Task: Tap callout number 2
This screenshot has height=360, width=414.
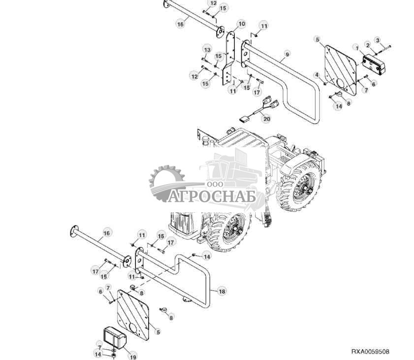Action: pyautogui.click(x=367, y=45)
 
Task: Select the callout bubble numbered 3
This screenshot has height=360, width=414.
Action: pyautogui.click(x=378, y=40)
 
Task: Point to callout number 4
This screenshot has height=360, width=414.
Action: pyautogui.click(x=318, y=75)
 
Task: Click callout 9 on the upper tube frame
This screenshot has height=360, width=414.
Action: pyautogui.click(x=287, y=53)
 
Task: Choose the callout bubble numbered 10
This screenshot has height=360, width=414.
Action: pyautogui.click(x=241, y=24)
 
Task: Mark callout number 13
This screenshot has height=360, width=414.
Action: pyautogui.click(x=207, y=50)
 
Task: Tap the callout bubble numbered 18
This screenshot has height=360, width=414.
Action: pyautogui.click(x=222, y=292)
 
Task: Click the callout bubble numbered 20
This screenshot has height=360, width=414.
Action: pyautogui.click(x=266, y=119)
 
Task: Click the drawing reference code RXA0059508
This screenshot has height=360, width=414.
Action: pyautogui.click(x=370, y=352)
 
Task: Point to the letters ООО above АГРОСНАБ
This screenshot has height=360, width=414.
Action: pyautogui.click(x=215, y=183)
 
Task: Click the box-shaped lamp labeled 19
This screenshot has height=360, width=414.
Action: pyautogui.click(x=114, y=336)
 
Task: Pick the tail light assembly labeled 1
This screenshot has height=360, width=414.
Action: pyautogui.click(x=373, y=62)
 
